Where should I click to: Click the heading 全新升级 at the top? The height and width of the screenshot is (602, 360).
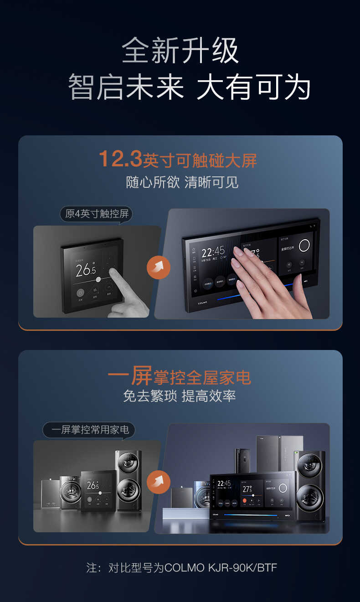[180, 51]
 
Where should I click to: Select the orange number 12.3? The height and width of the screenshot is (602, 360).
[120, 159]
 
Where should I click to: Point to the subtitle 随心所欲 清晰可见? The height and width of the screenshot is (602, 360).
[182, 182]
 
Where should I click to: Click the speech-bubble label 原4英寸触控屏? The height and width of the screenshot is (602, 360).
[96, 214]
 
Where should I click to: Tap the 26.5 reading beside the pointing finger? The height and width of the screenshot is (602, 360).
[86, 270]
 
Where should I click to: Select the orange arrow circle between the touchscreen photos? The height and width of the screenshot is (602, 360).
[159, 267]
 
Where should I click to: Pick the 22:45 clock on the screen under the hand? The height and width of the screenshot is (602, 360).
[213, 252]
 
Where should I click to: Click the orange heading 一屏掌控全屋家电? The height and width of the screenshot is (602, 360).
[180, 377]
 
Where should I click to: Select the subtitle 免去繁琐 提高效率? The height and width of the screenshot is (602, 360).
[180, 396]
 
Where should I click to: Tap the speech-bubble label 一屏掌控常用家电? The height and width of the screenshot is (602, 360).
[90, 430]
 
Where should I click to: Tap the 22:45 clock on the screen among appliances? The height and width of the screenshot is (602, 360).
[224, 484]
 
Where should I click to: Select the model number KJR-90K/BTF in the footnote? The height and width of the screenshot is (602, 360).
[242, 567]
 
